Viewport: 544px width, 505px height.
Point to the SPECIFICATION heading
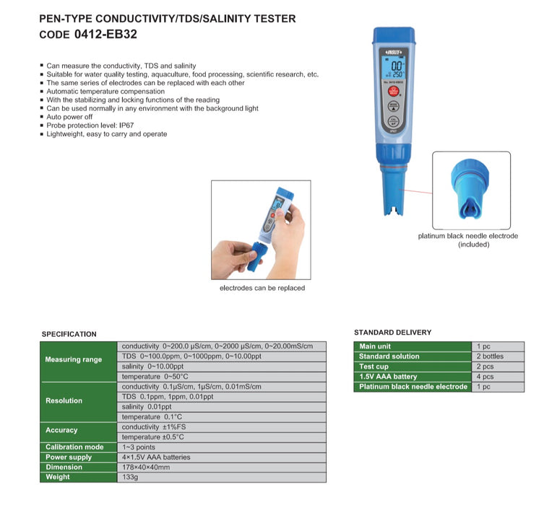(69, 334)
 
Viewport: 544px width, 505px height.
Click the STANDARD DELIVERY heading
(392, 333)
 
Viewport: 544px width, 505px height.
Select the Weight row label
(58, 477)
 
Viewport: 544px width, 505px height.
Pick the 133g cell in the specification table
(130, 477)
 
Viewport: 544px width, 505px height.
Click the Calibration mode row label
(74, 447)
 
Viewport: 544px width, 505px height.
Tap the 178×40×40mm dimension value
(147, 467)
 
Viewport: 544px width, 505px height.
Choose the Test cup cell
(375, 366)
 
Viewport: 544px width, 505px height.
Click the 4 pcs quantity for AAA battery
(486, 377)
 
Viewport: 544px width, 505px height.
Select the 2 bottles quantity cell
(491, 356)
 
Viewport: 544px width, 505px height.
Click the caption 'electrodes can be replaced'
(261, 288)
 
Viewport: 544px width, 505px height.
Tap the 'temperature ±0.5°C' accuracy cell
(154, 436)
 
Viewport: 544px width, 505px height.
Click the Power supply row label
(69, 457)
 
